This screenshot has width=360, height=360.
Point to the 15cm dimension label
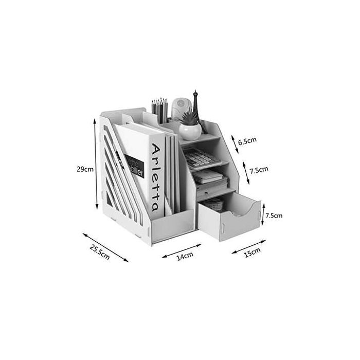pyautogui.click(x=252, y=252)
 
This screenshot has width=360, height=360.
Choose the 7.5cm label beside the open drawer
pyautogui.click(x=274, y=215)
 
